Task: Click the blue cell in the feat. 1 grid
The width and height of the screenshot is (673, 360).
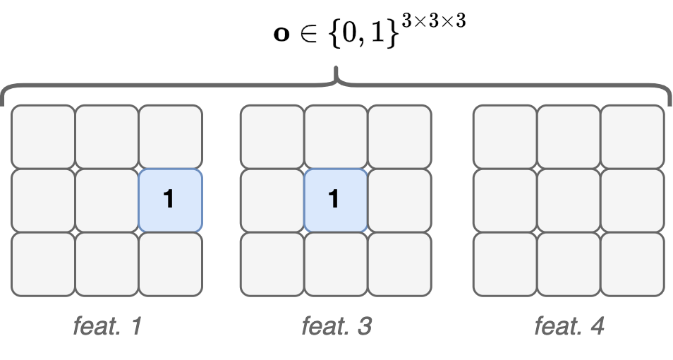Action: click(x=170, y=200)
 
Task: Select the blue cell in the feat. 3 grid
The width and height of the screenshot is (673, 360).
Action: click(x=336, y=200)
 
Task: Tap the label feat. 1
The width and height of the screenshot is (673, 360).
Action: click(x=107, y=326)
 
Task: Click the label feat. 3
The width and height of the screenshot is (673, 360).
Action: click(x=336, y=326)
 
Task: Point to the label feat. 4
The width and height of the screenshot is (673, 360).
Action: click(x=569, y=326)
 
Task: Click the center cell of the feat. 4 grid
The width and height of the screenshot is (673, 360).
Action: click(x=569, y=200)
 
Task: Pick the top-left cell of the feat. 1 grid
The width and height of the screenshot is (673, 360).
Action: click(x=43, y=137)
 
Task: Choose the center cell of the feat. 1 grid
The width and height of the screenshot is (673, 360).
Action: click(x=107, y=200)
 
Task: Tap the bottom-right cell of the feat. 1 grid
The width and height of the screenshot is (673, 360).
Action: click(x=170, y=264)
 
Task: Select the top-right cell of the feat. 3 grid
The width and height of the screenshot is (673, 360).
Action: click(x=399, y=137)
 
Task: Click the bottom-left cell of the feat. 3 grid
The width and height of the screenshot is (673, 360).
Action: click(x=272, y=264)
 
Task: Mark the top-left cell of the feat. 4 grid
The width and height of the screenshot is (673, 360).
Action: click(x=505, y=137)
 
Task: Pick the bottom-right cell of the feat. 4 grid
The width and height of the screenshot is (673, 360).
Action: click(x=632, y=264)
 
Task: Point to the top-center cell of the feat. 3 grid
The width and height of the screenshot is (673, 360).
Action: click(x=336, y=137)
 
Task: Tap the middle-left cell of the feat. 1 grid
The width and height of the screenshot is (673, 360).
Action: click(x=43, y=200)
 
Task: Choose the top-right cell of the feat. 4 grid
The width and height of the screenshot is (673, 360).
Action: click(x=632, y=137)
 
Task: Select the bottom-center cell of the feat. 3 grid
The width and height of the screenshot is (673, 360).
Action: click(x=336, y=264)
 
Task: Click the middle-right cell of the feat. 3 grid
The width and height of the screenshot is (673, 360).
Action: click(x=399, y=200)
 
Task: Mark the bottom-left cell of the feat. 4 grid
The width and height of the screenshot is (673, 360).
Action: click(x=505, y=264)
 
